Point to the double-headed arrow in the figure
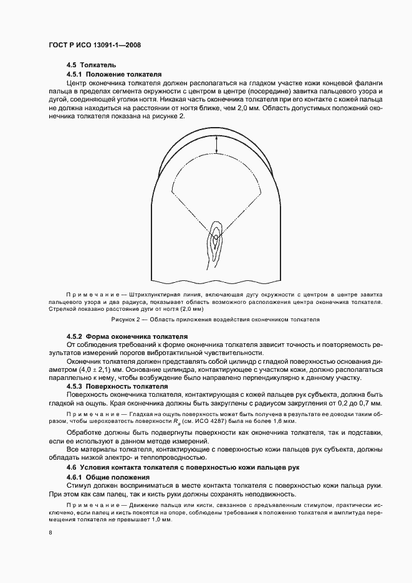pos(216,145)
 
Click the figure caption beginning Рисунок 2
pos(215,319)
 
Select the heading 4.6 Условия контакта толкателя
pos(158,467)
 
